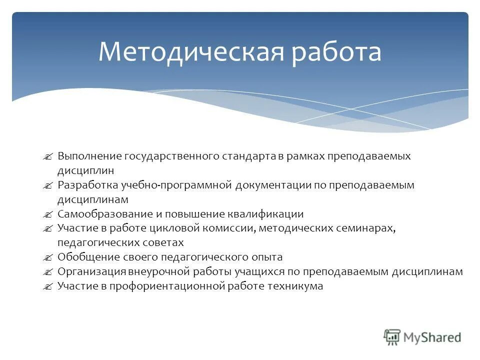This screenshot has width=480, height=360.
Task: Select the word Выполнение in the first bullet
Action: pyautogui.click(x=89, y=156)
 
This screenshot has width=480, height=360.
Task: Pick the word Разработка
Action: pyautogui.click(x=87, y=185)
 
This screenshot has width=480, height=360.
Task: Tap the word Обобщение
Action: pyautogui.click(x=88, y=257)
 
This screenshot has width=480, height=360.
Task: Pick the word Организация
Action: pyautogui.click(x=91, y=272)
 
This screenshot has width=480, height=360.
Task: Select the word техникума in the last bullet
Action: pyautogui.click(x=298, y=286)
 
